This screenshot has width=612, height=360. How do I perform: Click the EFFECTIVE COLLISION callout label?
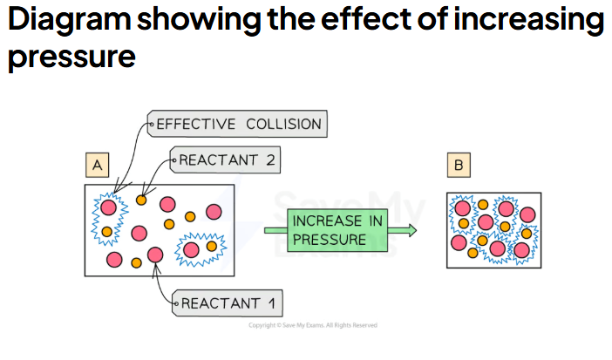pos(237,124)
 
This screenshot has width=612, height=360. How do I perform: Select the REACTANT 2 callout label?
pos(225,160)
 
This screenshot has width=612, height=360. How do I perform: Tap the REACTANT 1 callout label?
pos(228,303)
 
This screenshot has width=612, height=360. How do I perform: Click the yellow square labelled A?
pos(97,165)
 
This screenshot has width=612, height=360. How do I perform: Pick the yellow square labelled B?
pos(459,165)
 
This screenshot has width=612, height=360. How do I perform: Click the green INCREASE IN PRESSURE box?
pos(337,230)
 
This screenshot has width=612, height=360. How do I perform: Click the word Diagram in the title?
pos(69,20)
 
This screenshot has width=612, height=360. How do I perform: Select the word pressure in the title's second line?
pos(71,57)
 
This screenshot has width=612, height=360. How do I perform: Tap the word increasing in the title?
pos(529,20)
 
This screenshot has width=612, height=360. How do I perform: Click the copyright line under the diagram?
pos(313,325)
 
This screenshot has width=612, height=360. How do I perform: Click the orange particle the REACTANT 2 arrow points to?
pos(141,200)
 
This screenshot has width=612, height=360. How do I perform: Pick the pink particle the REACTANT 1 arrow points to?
pos(155,255)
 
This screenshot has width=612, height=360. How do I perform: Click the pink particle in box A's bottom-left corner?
pos(114,260)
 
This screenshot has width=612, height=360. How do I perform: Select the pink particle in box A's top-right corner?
pos(214,212)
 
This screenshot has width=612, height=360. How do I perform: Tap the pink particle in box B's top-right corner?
pos(527,214)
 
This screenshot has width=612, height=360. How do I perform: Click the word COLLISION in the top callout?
pos(283,124)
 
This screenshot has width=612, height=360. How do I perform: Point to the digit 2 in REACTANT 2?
pos(270,160)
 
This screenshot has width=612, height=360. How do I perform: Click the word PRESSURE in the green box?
pos(330,240)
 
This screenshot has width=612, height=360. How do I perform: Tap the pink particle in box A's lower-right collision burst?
pos(191,250)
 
